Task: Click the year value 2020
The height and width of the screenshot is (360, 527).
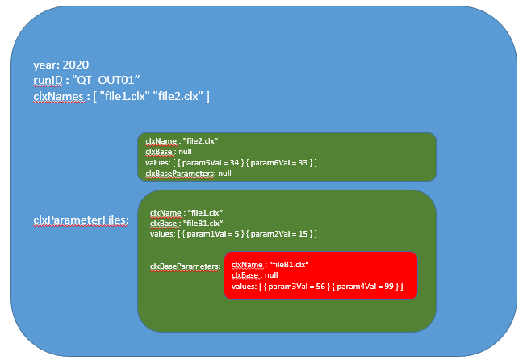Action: pos(75,65)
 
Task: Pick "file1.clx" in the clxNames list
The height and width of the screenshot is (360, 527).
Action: pos(123,97)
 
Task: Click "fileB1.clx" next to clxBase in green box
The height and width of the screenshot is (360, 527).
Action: pos(201,224)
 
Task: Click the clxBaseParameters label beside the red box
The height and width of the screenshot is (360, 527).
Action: pos(185,266)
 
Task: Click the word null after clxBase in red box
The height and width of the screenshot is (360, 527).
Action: pos(272,275)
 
